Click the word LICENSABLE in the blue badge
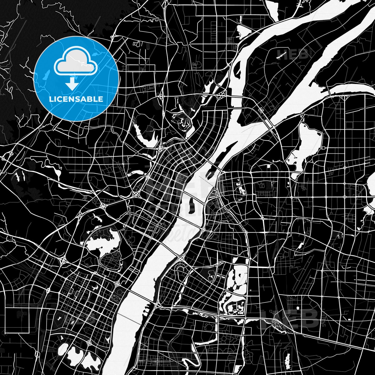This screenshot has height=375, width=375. (x=76, y=99)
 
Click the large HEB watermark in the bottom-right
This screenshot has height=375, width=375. (x=292, y=319)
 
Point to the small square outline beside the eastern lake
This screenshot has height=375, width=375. (x=323, y=148)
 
